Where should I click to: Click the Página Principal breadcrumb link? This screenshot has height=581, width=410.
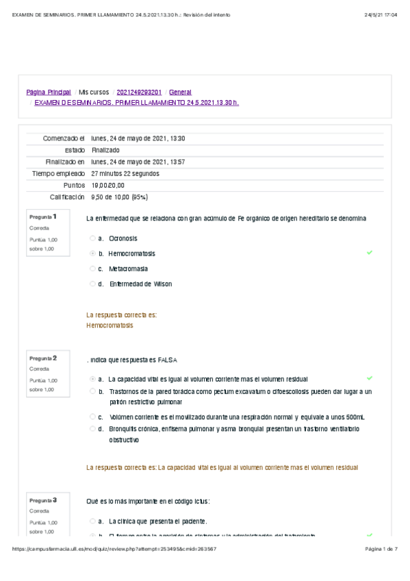[x=49, y=92]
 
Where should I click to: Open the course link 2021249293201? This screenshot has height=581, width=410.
[x=139, y=92]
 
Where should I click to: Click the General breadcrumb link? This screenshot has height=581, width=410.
[x=180, y=92]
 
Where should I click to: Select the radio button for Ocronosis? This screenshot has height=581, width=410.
[x=92, y=238]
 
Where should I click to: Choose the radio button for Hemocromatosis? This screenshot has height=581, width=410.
[x=92, y=254]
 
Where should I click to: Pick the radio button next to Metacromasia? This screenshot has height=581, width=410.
[x=92, y=269]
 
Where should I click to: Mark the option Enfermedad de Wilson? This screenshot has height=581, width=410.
[x=92, y=284]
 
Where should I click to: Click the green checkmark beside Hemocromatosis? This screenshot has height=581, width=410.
[x=370, y=253]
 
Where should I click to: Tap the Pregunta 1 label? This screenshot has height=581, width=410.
[x=43, y=217]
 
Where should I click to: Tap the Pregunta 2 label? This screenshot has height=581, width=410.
[x=43, y=358]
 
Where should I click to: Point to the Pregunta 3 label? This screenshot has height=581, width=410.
[x=43, y=500]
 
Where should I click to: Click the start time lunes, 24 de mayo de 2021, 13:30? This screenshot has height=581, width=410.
[x=138, y=138]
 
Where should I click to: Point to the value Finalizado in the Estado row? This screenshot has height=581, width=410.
[x=105, y=150]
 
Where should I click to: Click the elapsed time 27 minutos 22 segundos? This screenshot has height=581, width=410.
[x=125, y=173]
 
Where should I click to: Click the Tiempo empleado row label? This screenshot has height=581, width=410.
[x=58, y=173]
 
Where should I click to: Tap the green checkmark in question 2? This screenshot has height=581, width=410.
[x=370, y=378]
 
